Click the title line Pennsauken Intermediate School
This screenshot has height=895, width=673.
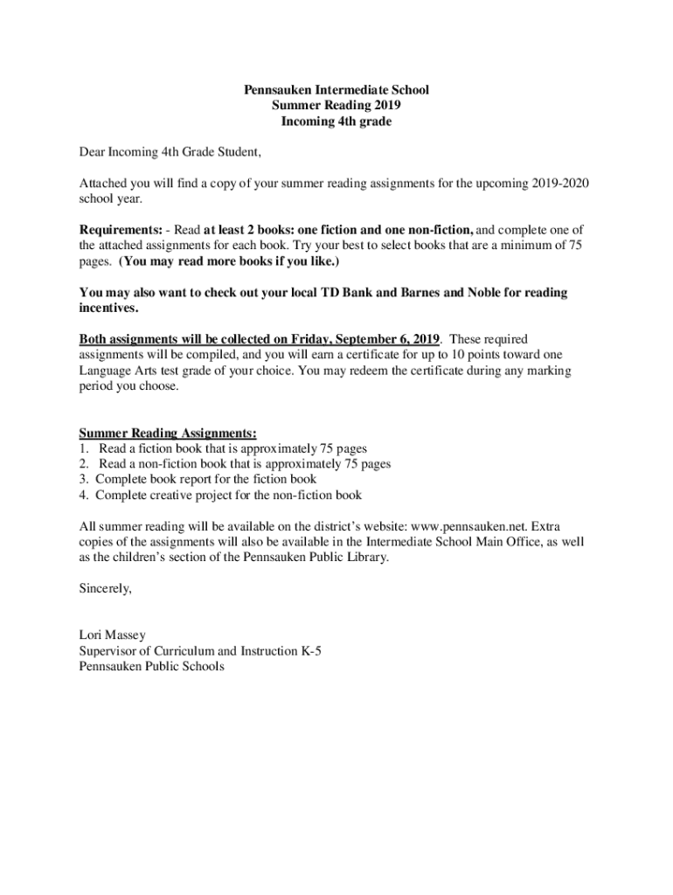[x=336, y=90]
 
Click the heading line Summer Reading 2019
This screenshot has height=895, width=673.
[x=336, y=106]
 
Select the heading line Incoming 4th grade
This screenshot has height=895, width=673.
[x=336, y=121]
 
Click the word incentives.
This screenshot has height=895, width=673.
[x=108, y=309]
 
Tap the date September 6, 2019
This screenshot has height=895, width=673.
[x=384, y=339]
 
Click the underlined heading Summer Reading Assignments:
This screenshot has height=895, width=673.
[x=168, y=433]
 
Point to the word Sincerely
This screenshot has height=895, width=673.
[x=105, y=588]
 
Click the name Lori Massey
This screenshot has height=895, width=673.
[x=112, y=635]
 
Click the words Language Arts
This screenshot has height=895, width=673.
[x=113, y=371]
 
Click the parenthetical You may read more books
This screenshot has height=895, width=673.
[x=229, y=261]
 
